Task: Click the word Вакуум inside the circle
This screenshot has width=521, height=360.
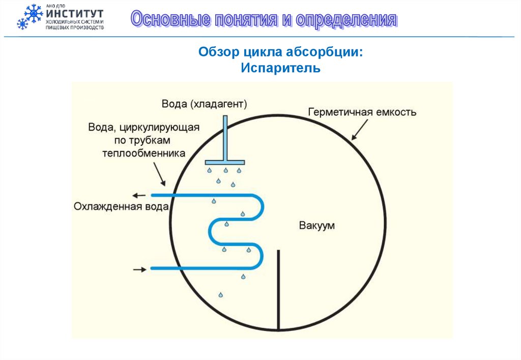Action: tap(316, 225)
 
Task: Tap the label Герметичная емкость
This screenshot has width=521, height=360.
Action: tap(362, 112)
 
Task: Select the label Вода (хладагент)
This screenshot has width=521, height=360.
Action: tap(204, 104)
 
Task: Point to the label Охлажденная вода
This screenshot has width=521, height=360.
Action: tap(121, 206)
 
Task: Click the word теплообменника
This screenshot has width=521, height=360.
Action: tap(143, 153)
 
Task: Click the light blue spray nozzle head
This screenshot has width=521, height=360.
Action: tap(225, 162)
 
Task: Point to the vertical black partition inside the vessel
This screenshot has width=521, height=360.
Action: tap(278, 290)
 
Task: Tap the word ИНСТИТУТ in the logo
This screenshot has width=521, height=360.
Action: tap(75, 13)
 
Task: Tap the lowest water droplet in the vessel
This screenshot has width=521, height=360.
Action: tap(220, 294)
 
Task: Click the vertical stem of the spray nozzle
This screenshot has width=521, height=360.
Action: tap(225, 137)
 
